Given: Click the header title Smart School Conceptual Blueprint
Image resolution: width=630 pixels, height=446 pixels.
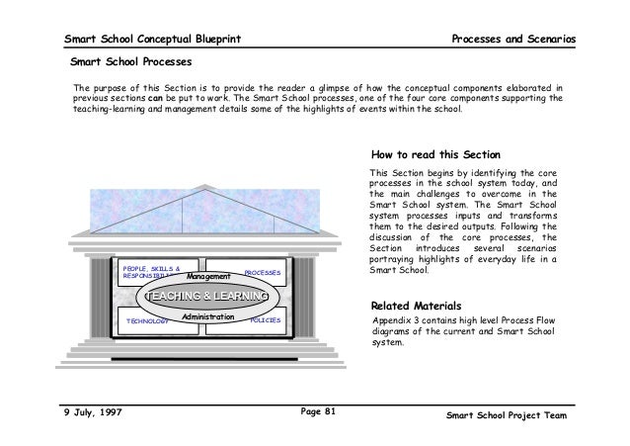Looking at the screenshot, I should [152, 39].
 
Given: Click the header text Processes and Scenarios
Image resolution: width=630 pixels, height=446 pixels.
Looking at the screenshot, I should [512, 39].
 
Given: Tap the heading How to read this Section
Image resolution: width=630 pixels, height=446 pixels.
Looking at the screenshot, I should [435, 155].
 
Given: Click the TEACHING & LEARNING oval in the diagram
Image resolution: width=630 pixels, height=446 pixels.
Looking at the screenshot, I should [205, 296].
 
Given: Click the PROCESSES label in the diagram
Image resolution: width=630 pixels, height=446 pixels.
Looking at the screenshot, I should [263, 271].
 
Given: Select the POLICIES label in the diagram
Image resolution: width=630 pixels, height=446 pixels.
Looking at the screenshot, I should [266, 320].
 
